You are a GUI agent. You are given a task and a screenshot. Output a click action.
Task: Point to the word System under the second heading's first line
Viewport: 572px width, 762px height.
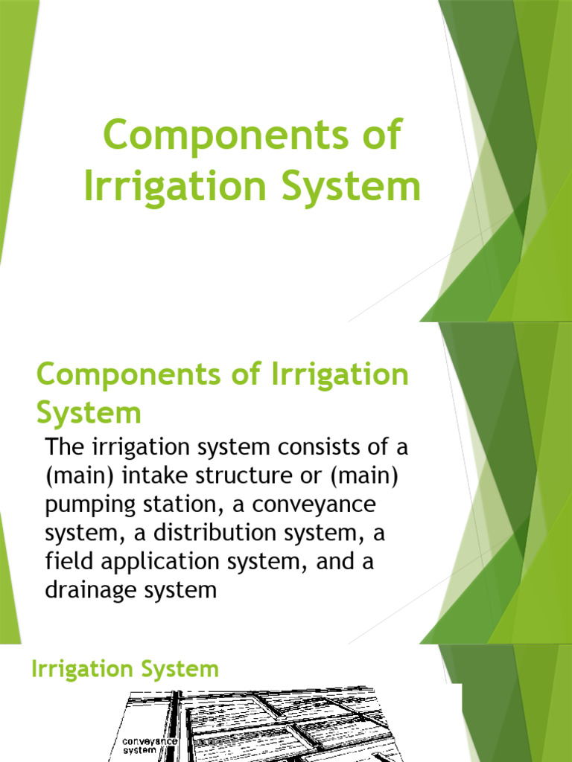click(88, 412)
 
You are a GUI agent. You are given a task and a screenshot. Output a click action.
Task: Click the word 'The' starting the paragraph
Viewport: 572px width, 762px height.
click(63, 449)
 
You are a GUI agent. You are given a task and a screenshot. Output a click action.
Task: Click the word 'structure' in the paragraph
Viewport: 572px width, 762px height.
click(235, 477)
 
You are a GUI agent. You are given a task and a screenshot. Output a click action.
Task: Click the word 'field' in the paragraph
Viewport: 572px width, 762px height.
click(62, 562)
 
